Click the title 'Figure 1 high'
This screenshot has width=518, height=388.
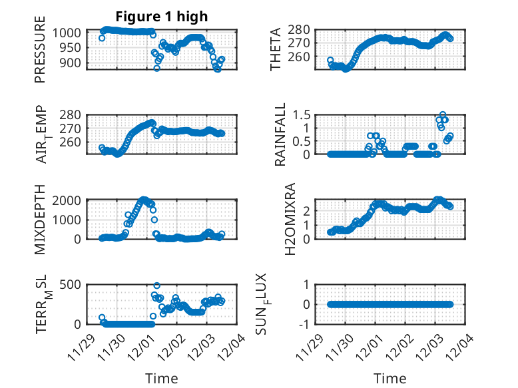pos(162,16)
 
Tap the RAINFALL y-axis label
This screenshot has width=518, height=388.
pos(280,134)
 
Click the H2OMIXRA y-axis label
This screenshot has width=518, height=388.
pos(290,220)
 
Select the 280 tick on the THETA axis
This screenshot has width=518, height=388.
pos(300,30)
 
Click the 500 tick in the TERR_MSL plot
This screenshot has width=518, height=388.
pos(72,284)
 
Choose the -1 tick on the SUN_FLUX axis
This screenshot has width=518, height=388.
pos(305,325)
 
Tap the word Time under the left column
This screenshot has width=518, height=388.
pos(162,379)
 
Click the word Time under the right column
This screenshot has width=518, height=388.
pos(390,379)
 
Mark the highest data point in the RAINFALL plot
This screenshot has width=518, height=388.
pos(442,114)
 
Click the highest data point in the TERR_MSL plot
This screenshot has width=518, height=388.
pos(156,286)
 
